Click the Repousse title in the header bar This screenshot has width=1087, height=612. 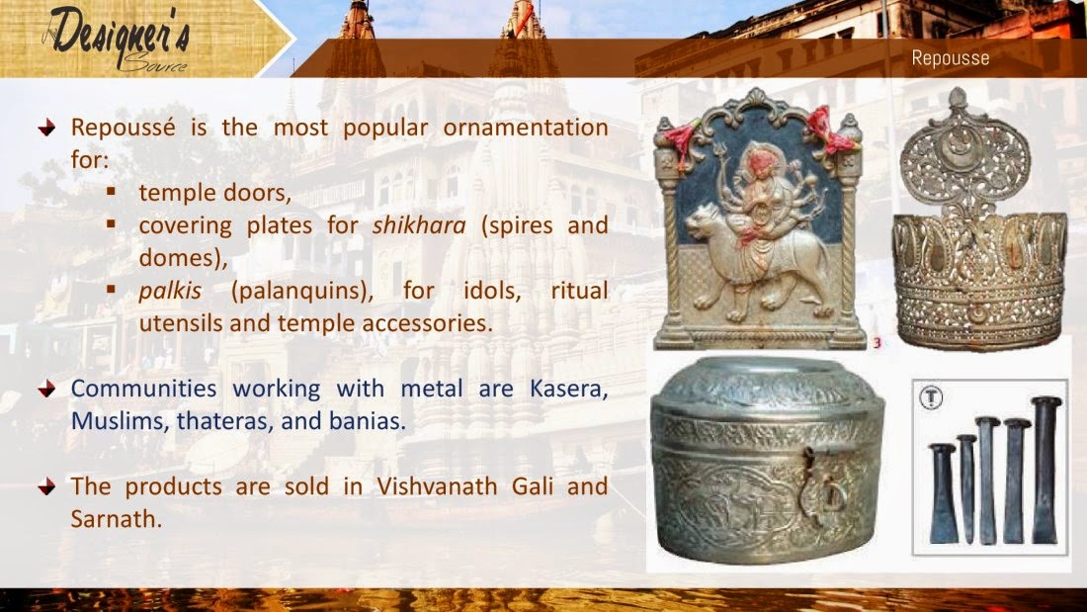tap(950, 58)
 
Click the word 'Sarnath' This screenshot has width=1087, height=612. tap(115, 517)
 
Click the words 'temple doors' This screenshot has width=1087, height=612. tap(204, 192)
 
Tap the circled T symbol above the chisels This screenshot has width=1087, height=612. tap(930, 398)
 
